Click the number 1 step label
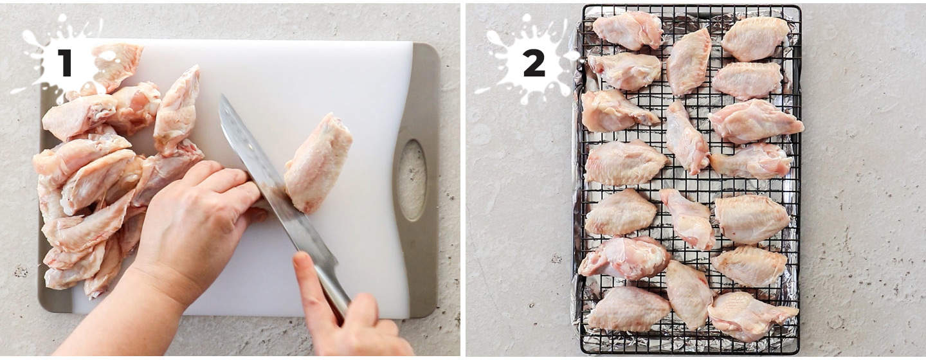point(65,62)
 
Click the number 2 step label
point(534,62)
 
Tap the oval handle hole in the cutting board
point(412,180)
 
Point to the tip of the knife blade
point(222,95)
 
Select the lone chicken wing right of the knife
point(318,163)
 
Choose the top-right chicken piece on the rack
point(754,39)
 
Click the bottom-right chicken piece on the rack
point(752,316)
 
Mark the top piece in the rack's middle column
point(689,62)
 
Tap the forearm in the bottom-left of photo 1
point(120,314)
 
